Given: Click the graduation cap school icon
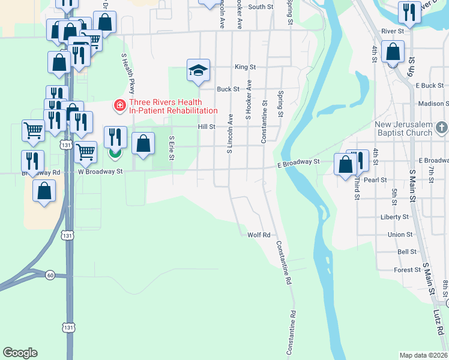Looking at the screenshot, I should point(198,70).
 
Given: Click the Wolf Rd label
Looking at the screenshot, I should point(259,235).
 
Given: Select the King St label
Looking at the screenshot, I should point(245,67).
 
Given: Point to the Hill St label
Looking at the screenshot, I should point(206,127).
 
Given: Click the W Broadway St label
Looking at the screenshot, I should point(100,172).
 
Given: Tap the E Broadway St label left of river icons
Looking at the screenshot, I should point(298,163).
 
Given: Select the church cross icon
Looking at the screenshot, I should point(442,127).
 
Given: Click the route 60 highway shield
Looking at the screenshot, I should point(50,275).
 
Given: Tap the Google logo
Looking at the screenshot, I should point(20,353).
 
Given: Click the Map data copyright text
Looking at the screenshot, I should point(424,355).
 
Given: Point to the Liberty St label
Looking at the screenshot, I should point(394,217).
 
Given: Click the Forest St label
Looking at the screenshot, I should point(407,270).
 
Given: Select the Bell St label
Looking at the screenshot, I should point(407,252).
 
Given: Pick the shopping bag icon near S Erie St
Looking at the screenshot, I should point(143,145).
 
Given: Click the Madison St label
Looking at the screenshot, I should point(434,104).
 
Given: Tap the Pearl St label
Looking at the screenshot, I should point(375,179).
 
